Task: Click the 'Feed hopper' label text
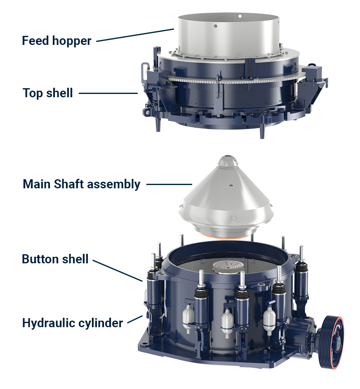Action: tap(56, 41)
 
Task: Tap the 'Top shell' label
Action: tap(48, 93)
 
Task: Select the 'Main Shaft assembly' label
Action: tap(81, 184)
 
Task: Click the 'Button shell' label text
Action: tap(55, 259)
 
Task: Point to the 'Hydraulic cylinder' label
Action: tap(72, 323)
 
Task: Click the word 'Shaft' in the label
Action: tap(68, 184)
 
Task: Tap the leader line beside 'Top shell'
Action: tap(108, 93)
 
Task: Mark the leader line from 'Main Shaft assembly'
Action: tap(169, 184)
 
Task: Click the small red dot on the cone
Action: tap(231, 185)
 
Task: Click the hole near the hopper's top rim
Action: tap(240, 16)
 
